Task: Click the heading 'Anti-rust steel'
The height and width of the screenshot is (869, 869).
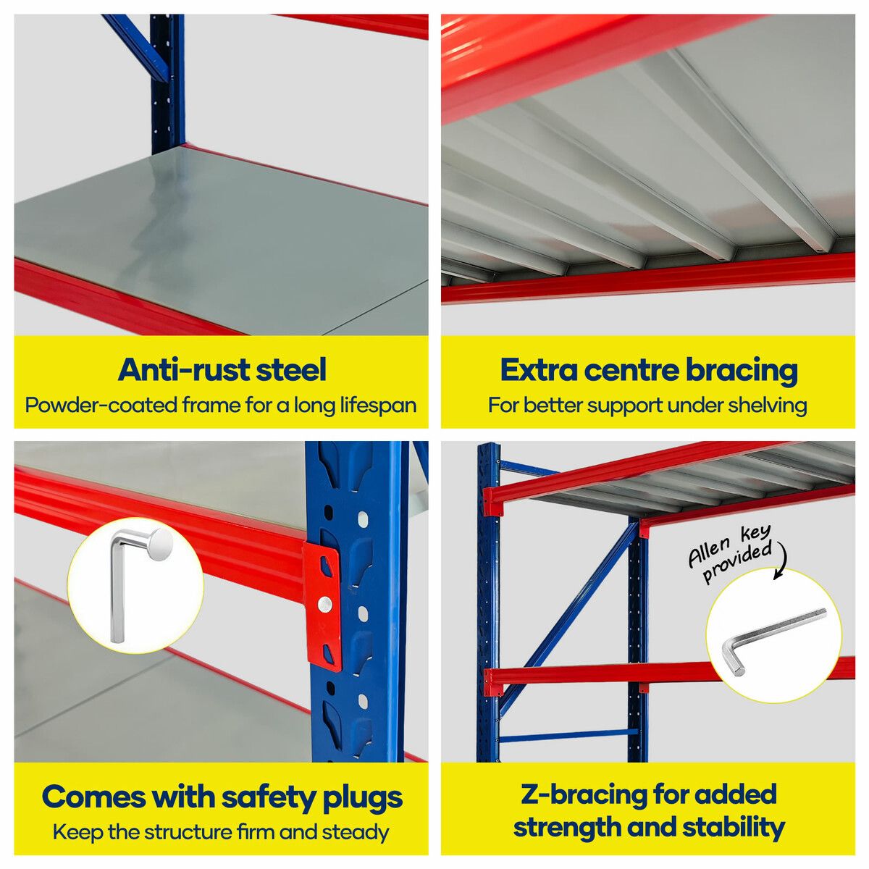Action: pos(222,370)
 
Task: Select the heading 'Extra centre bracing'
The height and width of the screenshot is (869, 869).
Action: pos(649,370)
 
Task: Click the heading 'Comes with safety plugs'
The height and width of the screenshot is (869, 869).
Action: pos(222,797)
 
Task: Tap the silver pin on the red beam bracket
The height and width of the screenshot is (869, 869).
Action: pos(324,604)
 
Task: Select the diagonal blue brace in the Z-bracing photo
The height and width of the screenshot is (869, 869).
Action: pos(570,616)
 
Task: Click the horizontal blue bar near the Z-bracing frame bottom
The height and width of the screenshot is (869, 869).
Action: pos(568,738)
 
